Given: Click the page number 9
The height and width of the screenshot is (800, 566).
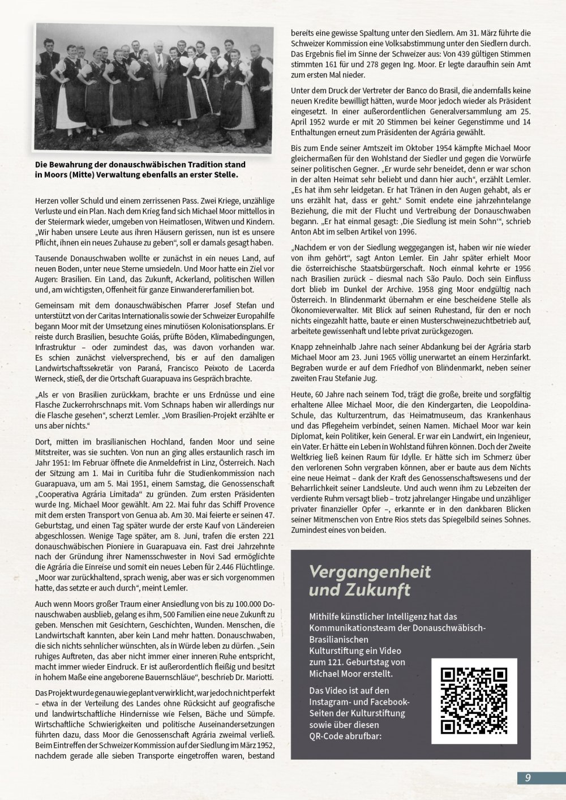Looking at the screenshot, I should click(x=528, y=777).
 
